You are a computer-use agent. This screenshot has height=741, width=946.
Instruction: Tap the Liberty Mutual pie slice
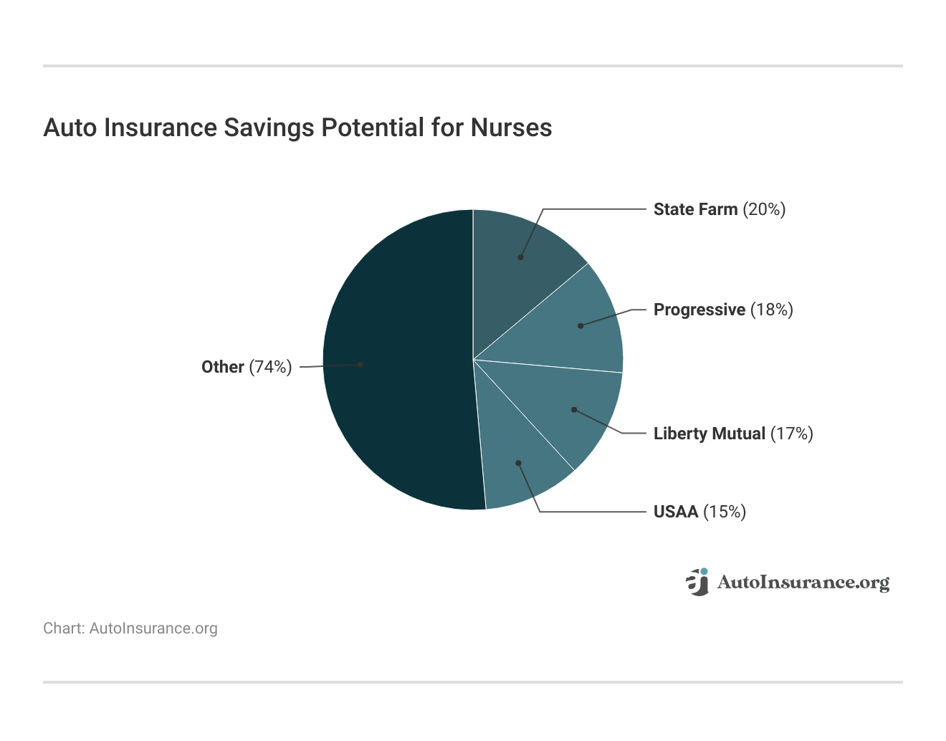tap(573, 408)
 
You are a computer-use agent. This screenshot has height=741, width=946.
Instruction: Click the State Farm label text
tap(695, 209)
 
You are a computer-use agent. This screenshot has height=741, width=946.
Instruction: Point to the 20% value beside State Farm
tap(764, 209)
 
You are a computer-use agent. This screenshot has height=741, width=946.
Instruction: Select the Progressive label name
tap(699, 310)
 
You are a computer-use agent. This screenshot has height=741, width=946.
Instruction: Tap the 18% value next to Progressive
tap(772, 310)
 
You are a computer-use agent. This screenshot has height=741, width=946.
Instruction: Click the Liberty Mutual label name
tap(709, 434)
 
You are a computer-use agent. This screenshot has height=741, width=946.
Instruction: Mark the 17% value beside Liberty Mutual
tap(791, 434)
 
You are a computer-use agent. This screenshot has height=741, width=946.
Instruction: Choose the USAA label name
tap(675, 512)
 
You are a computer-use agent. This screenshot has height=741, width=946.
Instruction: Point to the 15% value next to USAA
tap(725, 512)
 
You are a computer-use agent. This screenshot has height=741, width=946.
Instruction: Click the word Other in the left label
tap(222, 367)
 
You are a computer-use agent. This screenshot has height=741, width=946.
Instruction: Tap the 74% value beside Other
tap(270, 367)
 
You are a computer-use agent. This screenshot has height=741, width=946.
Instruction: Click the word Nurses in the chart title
tap(511, 128)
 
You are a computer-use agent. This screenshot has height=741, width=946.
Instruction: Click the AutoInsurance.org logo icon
tap(697, 582)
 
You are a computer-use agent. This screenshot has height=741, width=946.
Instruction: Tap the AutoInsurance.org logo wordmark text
tap(803, 583)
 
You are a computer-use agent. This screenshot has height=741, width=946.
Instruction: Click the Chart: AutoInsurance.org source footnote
tap(130, 628)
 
